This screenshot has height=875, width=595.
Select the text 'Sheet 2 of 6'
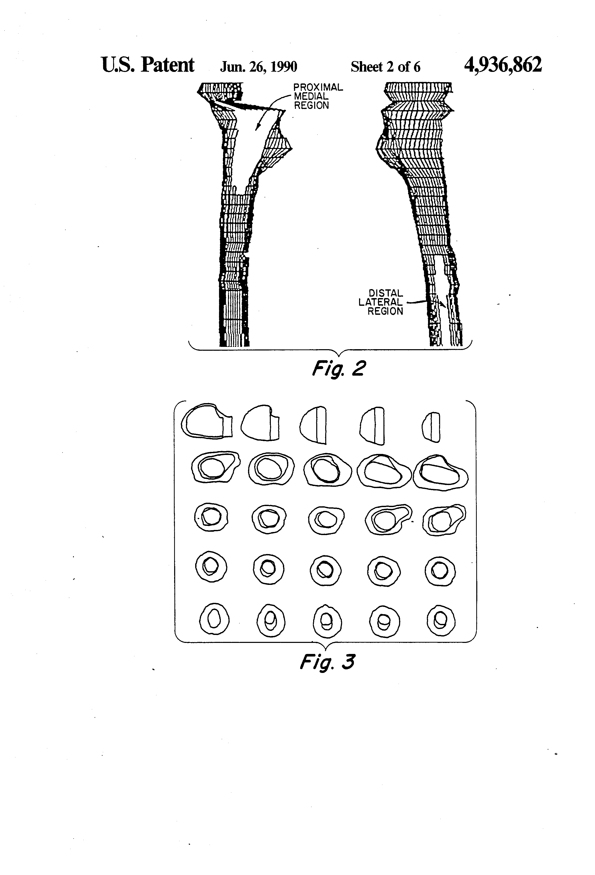[385, 67]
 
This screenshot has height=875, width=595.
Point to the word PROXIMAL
[318, 87]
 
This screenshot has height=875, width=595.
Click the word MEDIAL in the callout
[311, 96]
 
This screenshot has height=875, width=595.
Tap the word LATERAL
[380, 302]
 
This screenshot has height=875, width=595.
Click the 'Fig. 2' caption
[339, 369]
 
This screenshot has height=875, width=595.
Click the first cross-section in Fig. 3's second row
[215, 468]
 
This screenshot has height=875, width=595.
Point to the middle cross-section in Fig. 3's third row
[326, 520]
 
